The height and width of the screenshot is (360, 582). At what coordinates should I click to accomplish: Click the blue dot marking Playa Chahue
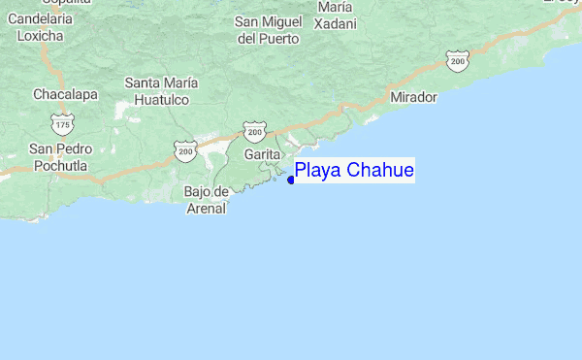[x=291, y=180]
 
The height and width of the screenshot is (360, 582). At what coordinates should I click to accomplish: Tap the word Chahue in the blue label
[x=381, y=171]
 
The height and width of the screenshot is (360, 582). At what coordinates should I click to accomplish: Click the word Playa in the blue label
[x=318, y=172]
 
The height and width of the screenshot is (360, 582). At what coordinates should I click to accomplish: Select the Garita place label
[x=263, y=154]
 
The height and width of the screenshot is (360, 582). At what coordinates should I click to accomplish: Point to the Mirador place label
[x=413, y=98]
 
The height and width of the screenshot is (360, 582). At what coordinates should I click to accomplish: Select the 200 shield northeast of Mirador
[x=458, y=60]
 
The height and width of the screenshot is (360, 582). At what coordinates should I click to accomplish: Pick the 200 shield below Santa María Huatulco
[x=185, y=149]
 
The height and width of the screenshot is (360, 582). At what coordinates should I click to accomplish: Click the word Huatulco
[x=161, y=99]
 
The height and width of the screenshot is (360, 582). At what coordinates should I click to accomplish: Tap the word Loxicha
[x=41, y=36]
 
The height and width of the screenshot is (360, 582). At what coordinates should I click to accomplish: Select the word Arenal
[x=205, y=208]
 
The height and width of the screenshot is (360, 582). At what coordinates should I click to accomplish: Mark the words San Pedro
[x=60, y=149]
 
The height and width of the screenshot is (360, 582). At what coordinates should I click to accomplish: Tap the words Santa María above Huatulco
[x=161, y=82]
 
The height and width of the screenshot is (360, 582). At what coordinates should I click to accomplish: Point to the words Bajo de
[x=206, y=191]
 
